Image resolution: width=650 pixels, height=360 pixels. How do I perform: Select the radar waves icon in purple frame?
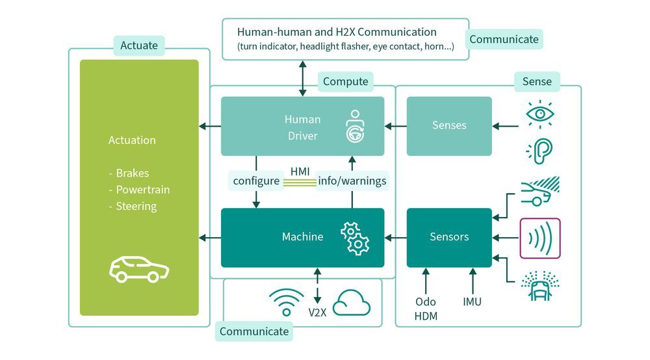(540, 238)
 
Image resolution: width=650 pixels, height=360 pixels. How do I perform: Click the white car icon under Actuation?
(138, 269)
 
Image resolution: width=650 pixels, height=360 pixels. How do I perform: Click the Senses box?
(449, 126)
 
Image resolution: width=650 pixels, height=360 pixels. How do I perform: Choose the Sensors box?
(449, 237)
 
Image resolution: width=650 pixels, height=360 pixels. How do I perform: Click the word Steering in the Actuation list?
(136, 207)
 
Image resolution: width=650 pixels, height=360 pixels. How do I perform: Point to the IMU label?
(472, 302)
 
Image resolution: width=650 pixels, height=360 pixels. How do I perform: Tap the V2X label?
(317, 311)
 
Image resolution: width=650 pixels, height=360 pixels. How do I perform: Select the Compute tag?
(345, 82)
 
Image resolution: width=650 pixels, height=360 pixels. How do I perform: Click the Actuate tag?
(139, 45)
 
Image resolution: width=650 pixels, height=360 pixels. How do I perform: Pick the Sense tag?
(537, 82)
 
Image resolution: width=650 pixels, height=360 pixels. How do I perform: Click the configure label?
(256, 181)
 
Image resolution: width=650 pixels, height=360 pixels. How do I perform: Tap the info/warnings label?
(352, 181)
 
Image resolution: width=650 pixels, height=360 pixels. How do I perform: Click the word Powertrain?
(143, 190)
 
